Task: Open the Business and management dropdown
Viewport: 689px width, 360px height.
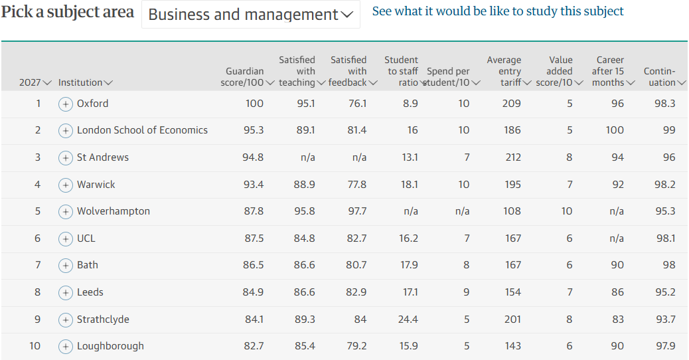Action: (x=250, y=15)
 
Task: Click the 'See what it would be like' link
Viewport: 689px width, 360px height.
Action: (x=497, y=11)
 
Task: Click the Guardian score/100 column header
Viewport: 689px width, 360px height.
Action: (x=247, y=77)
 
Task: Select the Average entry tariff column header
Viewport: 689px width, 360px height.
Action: (x=509, y=71)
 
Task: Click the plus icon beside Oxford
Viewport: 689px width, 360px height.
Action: (x=66, y=104)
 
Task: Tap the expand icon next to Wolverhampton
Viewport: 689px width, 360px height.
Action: (x=66, y=212)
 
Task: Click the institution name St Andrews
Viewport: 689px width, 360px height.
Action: (x=103, y=157)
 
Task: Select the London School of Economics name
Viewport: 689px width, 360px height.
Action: (x=142, y=130)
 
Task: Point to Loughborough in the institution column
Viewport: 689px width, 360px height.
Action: (x=110, y=346)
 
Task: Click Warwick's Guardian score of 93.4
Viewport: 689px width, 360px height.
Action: (x=254, y=185)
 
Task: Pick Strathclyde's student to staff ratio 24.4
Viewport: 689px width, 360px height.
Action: (x=408, y=319)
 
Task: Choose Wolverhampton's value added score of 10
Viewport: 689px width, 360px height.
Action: (x=566, y=211)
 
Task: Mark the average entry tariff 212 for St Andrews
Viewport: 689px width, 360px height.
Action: (x=513, y=157)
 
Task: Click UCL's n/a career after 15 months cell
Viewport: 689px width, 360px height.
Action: (x=617, y=238)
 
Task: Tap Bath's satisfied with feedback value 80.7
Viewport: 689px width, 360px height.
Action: (x=356, y=265)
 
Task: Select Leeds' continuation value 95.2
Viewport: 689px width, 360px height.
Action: (x=665, y=292)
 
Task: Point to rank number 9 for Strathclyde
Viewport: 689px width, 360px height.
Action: (x=37, y=319)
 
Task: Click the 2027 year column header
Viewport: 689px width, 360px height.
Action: (x=35, y=82)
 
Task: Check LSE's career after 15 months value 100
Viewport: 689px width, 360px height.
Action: (x=614, y=130)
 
